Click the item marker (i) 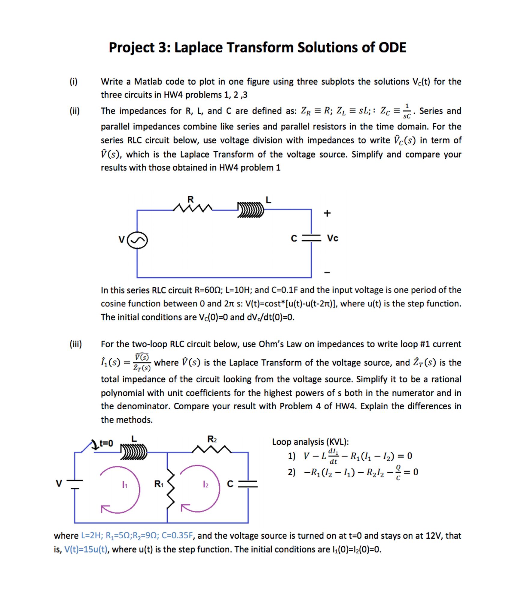click(x=74, y=82)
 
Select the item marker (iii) click(x=76, y=344)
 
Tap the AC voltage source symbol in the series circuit click(x=137, y=240)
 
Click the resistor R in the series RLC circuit click(x=192, y=208)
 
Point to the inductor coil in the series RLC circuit click(x=251, y=210)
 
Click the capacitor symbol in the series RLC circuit click(x=311, y=238)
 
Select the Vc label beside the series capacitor click(x=332, y=238)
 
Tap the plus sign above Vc click(x=327, y=213)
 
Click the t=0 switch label click(x=106, y=443)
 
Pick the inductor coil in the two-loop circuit click(x=134, y=452)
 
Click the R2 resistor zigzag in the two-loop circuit click(x=212, y=450)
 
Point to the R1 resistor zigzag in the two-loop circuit click(x=170, y=489)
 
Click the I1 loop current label click(x=124, y=485)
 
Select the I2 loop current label click(x=205, y=484)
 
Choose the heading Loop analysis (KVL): click(x=310, y=442)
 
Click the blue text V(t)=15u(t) click(x=86, y=549)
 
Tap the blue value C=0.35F click(x=177, y=536)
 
